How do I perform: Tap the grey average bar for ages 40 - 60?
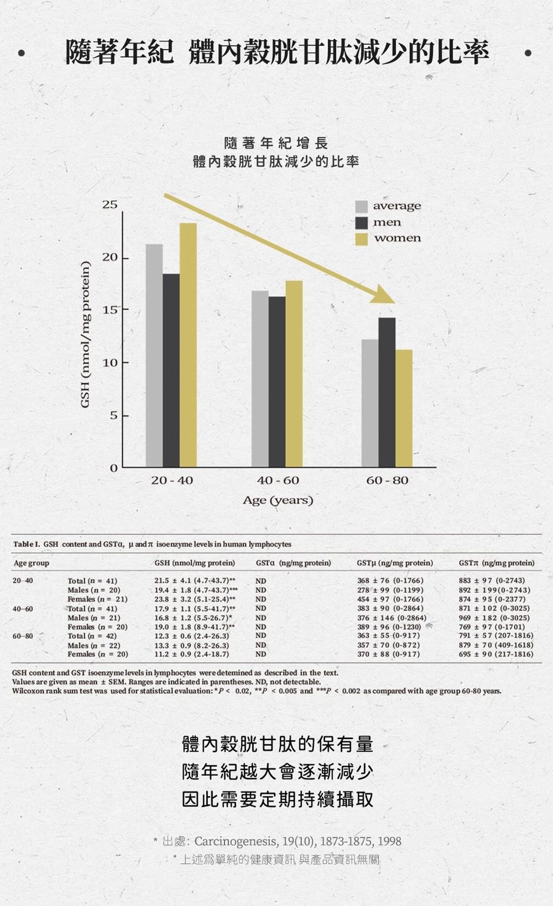click(260, 378)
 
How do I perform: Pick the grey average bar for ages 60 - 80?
click(370, 403)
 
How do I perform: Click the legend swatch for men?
click(361, 222)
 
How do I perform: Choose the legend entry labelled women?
click(397, 238)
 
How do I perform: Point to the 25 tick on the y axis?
click(110, 205)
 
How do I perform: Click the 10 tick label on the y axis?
click(110, 363)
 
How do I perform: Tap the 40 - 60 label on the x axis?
click(278, 480)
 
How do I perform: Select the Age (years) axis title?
click(278, 500)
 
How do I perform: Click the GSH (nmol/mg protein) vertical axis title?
click(85, 335)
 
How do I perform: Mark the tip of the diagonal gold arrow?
click(394, 302)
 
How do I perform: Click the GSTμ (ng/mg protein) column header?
click(395, 563)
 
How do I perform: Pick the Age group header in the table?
click(31, 563)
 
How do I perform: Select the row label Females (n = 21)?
click(97, 599)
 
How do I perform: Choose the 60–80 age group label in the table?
click(23, 636)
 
